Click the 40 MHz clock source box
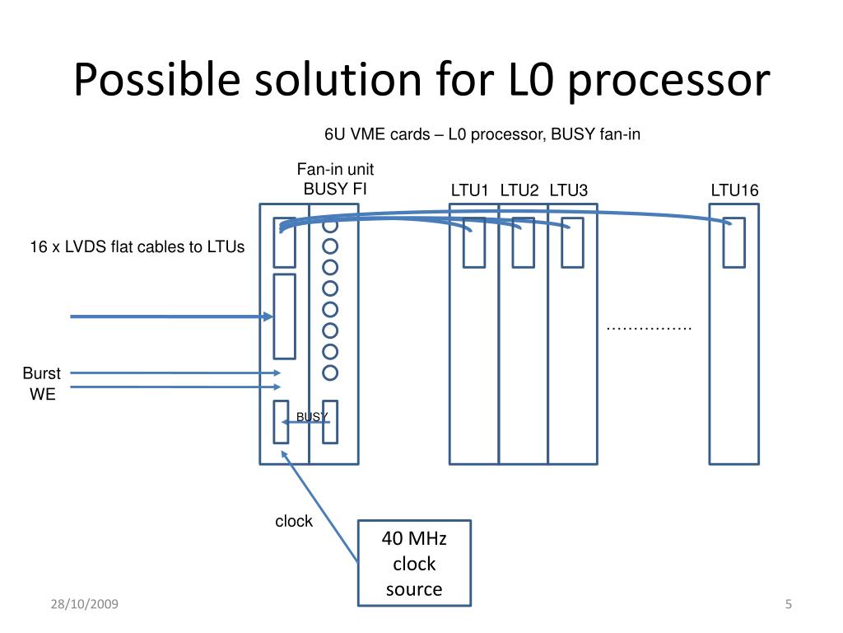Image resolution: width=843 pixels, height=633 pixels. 415,563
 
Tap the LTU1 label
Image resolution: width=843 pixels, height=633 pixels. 469,190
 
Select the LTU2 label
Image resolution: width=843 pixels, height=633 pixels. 519,190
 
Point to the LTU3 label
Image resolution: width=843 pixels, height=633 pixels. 568,190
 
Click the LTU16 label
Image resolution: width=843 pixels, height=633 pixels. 734,190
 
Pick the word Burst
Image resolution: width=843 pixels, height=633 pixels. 41,373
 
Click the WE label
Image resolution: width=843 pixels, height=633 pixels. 43,394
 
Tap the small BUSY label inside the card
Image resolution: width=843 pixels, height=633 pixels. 312,416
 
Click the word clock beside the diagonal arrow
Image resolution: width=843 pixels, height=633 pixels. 294,521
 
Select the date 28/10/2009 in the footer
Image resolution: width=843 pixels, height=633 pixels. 85,604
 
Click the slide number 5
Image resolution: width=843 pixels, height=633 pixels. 788,604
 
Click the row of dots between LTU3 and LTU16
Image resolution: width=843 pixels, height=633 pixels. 649,328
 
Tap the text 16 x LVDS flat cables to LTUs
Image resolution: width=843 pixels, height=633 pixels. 137,246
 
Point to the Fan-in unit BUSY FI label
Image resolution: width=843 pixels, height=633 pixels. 335,179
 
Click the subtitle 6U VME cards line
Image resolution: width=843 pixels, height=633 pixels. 482,134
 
